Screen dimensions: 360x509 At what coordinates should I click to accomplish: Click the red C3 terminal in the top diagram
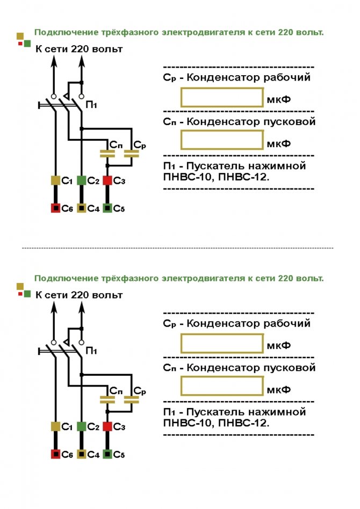coord(107,180)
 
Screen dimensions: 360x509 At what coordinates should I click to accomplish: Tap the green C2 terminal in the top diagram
coord(82,180)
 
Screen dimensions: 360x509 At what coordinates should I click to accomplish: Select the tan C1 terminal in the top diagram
coord(55,180)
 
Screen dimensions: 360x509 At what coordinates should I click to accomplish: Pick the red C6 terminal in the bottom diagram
coord(55,454)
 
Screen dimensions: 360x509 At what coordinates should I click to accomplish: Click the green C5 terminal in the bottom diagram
coord(107,454)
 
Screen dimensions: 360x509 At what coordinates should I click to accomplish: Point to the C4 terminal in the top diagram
coord(82,208)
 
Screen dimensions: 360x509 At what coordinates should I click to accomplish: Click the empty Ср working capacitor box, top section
coord(222,97)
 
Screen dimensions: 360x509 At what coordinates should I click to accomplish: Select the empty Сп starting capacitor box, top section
coord(222,140)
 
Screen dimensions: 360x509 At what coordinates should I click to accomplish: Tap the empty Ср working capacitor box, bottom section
coord(222,344)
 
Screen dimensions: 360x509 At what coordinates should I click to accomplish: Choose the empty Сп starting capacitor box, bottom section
coord(222,386)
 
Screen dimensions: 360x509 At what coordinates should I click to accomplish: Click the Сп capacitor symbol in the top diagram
coord(107,154)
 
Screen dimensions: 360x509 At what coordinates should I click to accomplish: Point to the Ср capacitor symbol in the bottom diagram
coord(132,399)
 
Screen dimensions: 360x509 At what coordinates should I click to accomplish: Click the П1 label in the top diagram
coord(91,105)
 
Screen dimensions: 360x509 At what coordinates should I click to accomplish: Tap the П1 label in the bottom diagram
coord(91,351)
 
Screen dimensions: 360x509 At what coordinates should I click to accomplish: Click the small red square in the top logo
coord(20,43)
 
